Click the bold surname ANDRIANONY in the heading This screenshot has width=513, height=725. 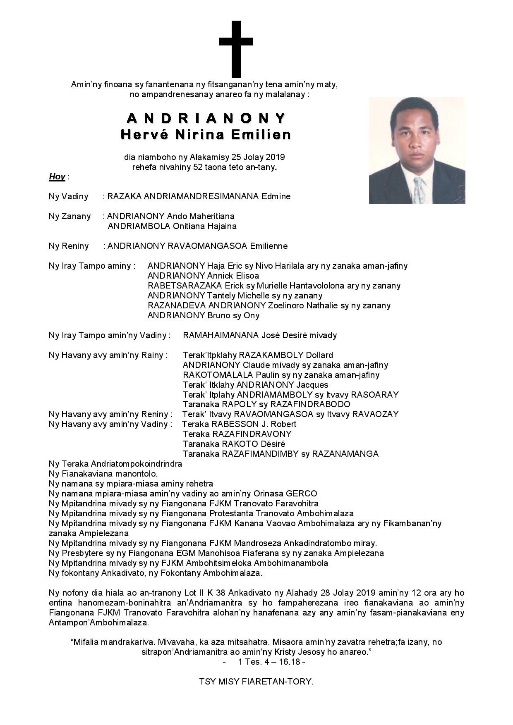(206, 119)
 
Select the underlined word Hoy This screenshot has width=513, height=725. (57, 177)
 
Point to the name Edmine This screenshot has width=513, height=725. (276, 197)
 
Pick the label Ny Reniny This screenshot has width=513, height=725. (69, 246)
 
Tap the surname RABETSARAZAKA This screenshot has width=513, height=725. (185, 286)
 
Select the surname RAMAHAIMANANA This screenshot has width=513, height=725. (221, 336)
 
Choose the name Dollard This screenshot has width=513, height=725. (319, 355)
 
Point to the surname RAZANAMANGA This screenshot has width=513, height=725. (345, 454)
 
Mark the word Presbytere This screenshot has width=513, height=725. (83, 553)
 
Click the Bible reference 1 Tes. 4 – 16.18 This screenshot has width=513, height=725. (271, 662)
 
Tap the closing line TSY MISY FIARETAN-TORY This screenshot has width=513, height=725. (256, 682)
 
